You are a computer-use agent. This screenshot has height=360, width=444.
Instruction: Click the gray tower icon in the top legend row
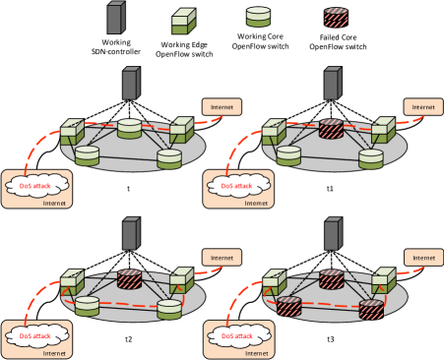[x=115, y=18]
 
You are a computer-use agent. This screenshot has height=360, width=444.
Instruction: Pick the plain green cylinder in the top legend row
[x=258, y=17]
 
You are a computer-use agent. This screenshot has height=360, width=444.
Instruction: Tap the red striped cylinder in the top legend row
[x=337, y=17]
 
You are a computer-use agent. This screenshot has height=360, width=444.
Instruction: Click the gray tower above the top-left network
[x=130, y=84]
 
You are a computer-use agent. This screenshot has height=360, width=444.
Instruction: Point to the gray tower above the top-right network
[x=333, y=84]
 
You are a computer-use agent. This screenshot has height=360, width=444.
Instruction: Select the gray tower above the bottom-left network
[x=130, y=234]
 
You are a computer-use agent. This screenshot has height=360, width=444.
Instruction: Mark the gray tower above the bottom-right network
[x=333, y=234]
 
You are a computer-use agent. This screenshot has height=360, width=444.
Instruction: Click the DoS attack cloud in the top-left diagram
[x=42, y=185]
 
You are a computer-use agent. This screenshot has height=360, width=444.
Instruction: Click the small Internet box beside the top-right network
[x=423, y=105]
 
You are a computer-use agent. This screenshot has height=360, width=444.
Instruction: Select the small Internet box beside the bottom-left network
[x=222, y=256]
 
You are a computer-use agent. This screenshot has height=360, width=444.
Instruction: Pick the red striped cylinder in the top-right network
[x=330, y=129]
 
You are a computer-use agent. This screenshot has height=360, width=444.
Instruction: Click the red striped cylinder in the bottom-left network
[x=129, y=279]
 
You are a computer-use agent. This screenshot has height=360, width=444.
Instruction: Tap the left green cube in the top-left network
[x=71, y=132]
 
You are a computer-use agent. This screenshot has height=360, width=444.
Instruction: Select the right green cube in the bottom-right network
[x=382, y=282]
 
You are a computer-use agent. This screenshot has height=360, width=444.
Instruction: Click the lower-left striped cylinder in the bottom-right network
[x=288, y=306]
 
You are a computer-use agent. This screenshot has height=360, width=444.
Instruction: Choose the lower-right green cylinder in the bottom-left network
[x=169, y=309]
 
